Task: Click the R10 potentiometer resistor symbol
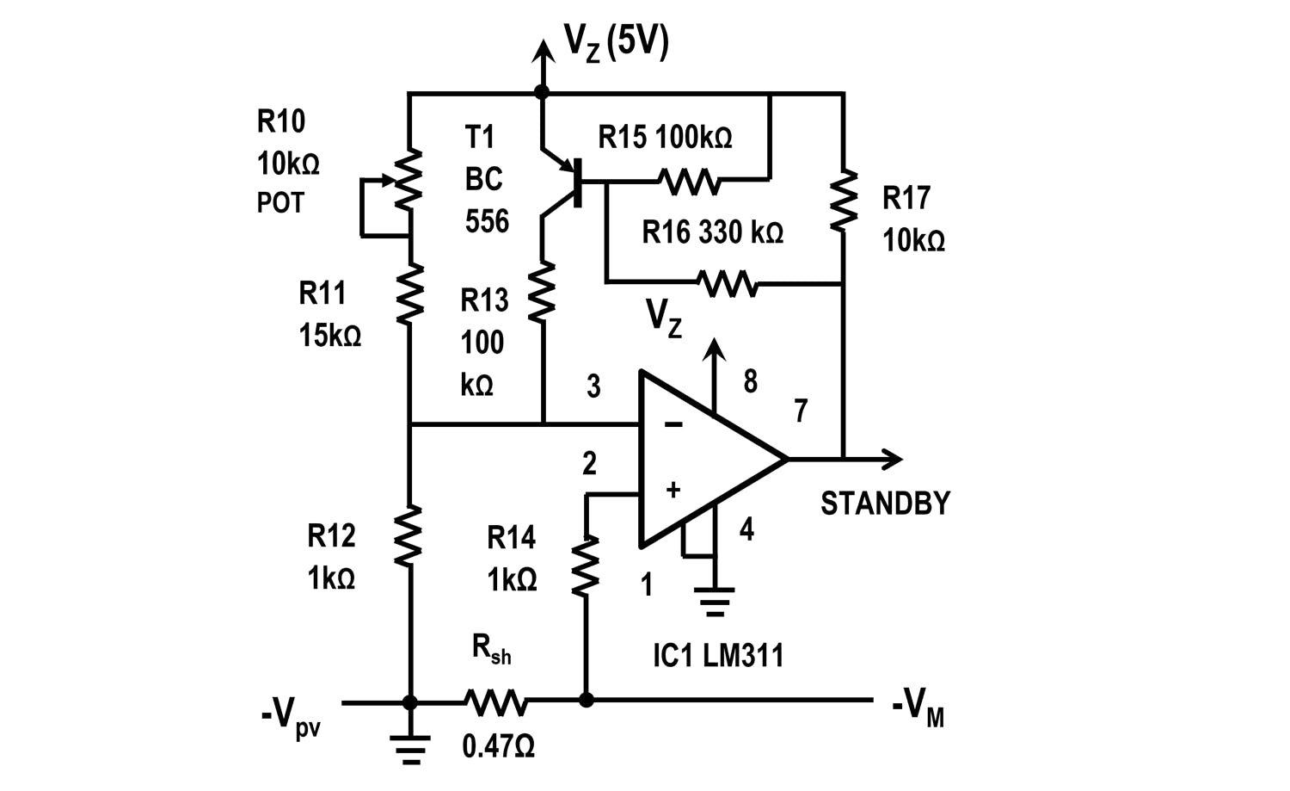click(410, 179)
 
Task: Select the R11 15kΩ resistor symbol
click(410, 294)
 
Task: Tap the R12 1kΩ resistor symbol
click(410, 535)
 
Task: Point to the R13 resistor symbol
click(542, 294)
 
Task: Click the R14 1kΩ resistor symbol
click(586, 565)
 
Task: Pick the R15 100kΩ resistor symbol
click(689, 181)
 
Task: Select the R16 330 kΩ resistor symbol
click(727, 283)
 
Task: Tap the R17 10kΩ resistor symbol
click(844, 200)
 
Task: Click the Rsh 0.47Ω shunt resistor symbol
click(496, 701)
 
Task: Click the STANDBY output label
click(885, 504)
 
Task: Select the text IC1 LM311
click(718, 656)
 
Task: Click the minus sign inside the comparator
click(673, 424)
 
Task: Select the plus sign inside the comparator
click(673, 490)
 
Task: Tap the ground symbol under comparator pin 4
click(714, 601)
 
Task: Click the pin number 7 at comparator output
click(801, 411)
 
